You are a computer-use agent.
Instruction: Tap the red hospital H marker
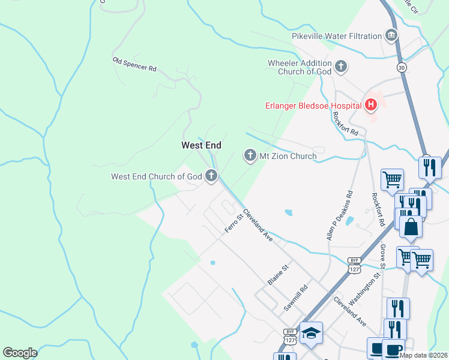[x=371, y=106]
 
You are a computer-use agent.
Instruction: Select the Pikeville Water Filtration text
[x=337, y=36]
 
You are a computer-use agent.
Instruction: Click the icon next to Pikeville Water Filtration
[x=391, y=36]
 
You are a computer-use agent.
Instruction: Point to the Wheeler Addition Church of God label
[x=300, y=67]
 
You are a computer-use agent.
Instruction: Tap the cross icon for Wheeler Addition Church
[x=341, y=67]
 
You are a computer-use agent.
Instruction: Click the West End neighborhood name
[x=201, y=145]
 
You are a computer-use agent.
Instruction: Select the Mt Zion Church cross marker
[x=250, y=156]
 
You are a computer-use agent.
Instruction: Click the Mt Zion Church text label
[x=288, y=156]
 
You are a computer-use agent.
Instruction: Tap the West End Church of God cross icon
[x=211, y=176]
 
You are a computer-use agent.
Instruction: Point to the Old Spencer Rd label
[x=134, y=64]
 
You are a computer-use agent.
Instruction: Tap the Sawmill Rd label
[x=296, y=298]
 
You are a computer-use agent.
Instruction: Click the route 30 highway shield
[x=402, y=68]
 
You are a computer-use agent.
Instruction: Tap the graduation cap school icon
[x=312, y=333]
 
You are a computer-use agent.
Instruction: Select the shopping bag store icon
[x=411, y=227]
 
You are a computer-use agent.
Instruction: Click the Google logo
[x=20, y=352]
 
